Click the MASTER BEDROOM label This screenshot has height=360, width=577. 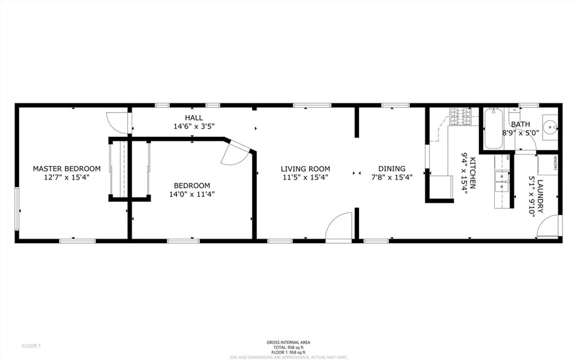[66, 168]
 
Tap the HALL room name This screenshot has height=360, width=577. [194, 117]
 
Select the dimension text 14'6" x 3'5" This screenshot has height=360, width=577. [194, 126]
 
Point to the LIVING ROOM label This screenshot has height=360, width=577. [305, 168]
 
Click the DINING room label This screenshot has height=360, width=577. [392, 168]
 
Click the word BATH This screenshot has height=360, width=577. [520, 124]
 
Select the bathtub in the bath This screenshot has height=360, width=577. [493, 128]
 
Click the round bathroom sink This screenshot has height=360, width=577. [550, 125]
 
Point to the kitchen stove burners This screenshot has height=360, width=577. [461, 117]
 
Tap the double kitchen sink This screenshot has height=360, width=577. [499, 180]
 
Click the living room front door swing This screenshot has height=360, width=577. [339, 228]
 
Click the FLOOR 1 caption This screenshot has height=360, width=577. [32, 345]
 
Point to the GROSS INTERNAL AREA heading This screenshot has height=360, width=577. [288, 342]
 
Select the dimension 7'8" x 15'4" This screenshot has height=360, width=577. [392, 177]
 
